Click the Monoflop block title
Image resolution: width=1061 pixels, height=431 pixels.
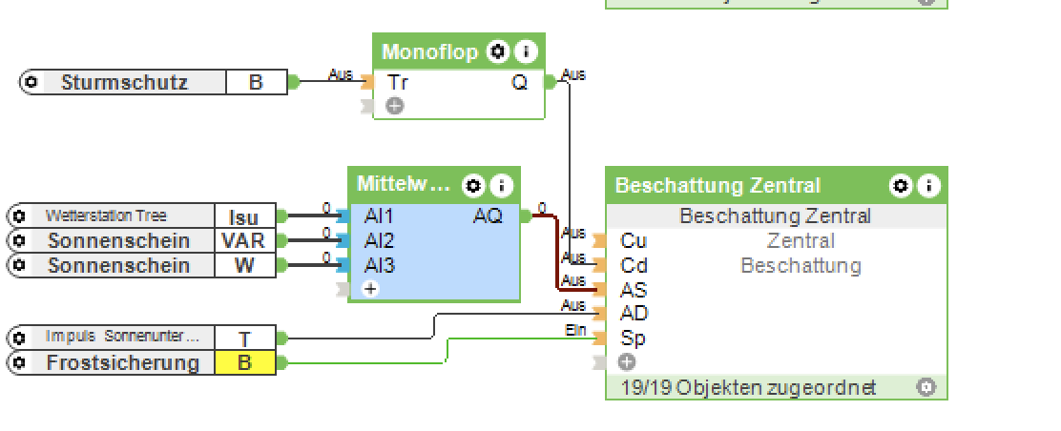pyautogui.click(x=429, y=51)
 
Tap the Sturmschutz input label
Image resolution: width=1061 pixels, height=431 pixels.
pyautogui.click(x=124, y=83)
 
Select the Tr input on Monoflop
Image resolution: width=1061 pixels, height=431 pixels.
pyautogui.click(x=398, y=83)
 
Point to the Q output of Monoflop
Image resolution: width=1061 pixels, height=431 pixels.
pyautogui.click(x=519, y=83)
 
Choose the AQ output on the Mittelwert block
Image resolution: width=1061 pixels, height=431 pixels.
pyautogui.click(x=488, y=216)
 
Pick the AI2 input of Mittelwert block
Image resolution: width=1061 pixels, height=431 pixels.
pyautogui.click(x=379, y=241)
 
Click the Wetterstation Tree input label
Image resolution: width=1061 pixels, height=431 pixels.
pyautogui.click(x=105, y=216)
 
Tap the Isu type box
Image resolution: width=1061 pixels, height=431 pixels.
pyautogui.click(x=244, y=217)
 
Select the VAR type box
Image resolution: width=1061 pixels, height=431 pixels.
pyautogui.click(x=244, y=241)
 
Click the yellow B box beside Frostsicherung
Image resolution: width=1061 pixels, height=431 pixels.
pyautogui.click(x=244, y=363)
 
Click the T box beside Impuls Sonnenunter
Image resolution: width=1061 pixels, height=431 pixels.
pyautogui.click(x=244, y=338)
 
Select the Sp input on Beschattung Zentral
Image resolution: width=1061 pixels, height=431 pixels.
pyautogui.click(x=633, y=338)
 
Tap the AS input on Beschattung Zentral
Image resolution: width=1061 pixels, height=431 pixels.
pyautogui.click(x=633, y=290)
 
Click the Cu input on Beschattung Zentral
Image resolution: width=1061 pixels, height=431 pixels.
pyautogui.click(x=633, y=241)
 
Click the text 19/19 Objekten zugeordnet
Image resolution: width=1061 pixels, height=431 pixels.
pyautogui.click(x=748, y=388)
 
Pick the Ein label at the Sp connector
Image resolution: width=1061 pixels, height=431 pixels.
pyautogui.click(x=574, y=330)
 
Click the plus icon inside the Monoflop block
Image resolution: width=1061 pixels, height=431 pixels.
pyautogui.click(x=395, y=107)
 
